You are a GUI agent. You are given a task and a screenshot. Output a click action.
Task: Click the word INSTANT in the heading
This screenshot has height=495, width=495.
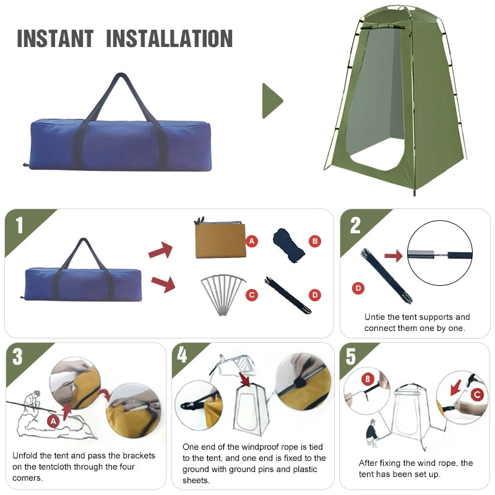54,38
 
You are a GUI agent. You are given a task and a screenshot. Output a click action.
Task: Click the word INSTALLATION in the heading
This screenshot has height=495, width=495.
170,38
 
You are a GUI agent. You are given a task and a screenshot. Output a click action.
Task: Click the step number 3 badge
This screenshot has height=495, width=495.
18,357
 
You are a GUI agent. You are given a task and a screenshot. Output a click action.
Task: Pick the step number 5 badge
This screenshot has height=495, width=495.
351,357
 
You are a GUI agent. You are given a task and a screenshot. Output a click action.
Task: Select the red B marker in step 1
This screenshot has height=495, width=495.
315,241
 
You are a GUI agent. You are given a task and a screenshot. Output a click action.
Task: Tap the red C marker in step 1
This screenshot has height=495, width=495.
252,295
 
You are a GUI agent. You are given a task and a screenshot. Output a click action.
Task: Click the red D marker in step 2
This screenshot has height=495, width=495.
357,288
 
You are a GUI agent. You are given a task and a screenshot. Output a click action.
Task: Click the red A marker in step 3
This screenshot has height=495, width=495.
54,421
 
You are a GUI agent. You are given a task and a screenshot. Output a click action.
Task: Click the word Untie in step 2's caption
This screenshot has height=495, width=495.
375,317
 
